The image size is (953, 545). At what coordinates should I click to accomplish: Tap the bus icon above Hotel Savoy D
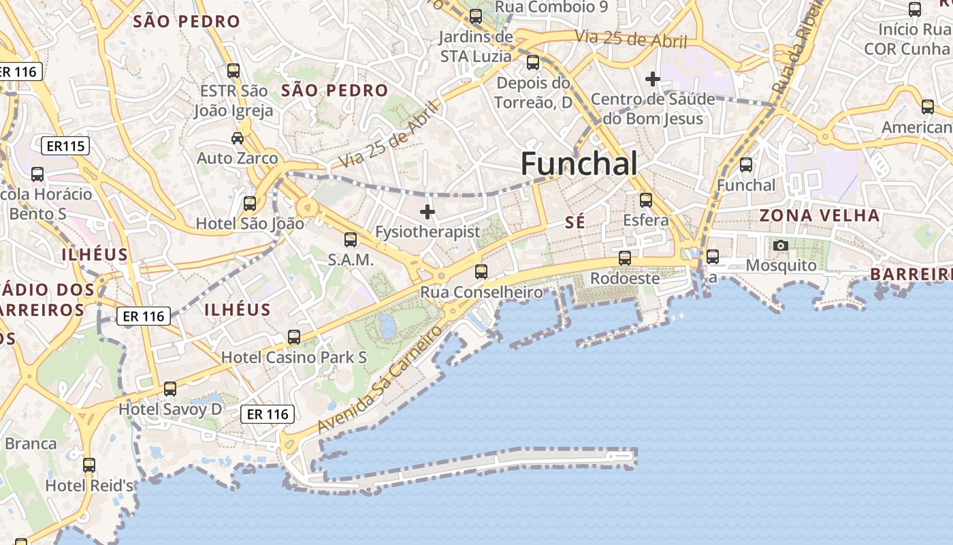pyautogui.click(x=170, y=388)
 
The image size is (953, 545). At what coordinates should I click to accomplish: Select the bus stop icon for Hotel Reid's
pyautogui.click(x=89, y=465)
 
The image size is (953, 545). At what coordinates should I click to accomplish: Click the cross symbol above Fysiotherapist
pyautogui.click(x=427, y=212)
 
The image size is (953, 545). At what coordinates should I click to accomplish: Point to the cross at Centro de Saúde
pyautogui.click(x=653, y=79)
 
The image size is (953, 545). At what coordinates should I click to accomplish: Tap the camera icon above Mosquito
pyautogui.click(x=781, y=245)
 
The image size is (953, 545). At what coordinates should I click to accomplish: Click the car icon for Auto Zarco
pyautogui.click(x=238, y=138)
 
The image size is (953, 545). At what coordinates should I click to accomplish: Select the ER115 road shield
pyautogui.click(x=65, y=146)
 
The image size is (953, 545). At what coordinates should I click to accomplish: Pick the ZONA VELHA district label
pyautogui.click(x=820, y=216)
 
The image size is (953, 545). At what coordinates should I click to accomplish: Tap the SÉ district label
pyautogui.click(x=575, y=223)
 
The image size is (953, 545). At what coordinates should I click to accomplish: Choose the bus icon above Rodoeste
pyautogui.click(x=625, y=258)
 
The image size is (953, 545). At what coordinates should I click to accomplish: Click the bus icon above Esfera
pyautogui.click(x=646, y=200)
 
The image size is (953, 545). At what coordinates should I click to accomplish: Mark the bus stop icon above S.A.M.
pyautogui.click(x=351, y=240)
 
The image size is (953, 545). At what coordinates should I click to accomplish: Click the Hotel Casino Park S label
pyautogui.click(x=294, y=357)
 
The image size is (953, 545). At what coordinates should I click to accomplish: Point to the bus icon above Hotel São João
pyautogui.click(x=250, y=203)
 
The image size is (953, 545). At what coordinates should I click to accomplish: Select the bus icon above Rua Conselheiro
pyautogui.click(x=481, y=272)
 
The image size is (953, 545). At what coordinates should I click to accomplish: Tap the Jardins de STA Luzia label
pyautogui.click(x=476, y=46)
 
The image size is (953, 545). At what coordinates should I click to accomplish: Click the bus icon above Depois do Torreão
pyautogui.click(x=533, y=63)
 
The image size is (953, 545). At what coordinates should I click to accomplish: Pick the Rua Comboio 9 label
pyautogui.click(x=551, y=7)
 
